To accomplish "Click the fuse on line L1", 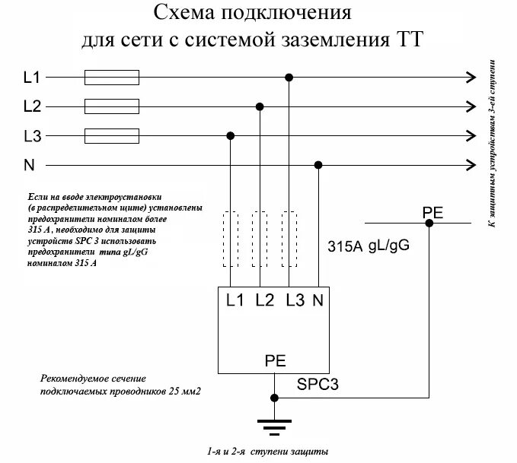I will [x=111, y=76].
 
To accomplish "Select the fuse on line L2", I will [x=111, y=106].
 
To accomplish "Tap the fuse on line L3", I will [x=111, y=135].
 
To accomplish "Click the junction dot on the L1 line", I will [x=289, y=77].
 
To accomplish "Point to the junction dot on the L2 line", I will [x=260, y=106].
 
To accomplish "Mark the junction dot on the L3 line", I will [x=231, y=136].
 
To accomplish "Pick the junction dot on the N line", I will [x=318, y=165].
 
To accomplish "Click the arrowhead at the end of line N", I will [x=469, y=165].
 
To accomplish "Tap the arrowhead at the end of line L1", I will [x=469, y=76].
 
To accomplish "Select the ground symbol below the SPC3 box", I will [x=274, y=423].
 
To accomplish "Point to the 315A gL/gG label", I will [x=363, y=246].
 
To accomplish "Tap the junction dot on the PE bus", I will [x=429, y=223].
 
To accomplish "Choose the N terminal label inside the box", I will [x=318, y=300].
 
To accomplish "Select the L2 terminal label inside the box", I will [x=264, y=300].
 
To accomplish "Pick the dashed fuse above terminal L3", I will [x=289, y=239].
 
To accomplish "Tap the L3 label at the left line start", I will [x=33, y=136].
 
